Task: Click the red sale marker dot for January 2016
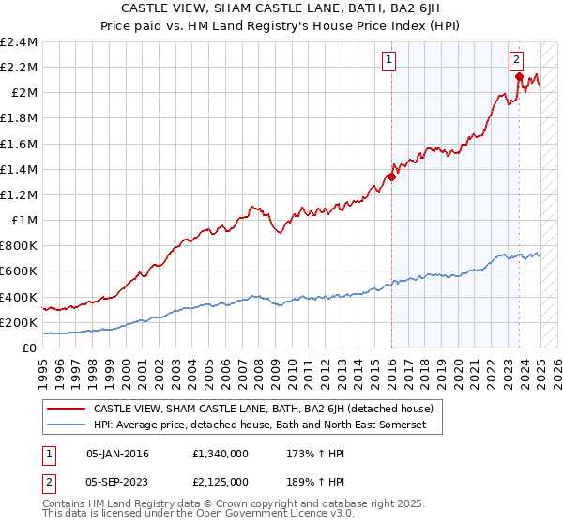(390, 178)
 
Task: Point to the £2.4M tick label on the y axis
(19, 42)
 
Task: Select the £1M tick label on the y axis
(24, 220)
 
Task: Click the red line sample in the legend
(67, 410)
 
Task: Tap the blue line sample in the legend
(67, 425)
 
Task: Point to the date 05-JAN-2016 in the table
(118, 454)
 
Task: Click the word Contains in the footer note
(66, 504)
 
